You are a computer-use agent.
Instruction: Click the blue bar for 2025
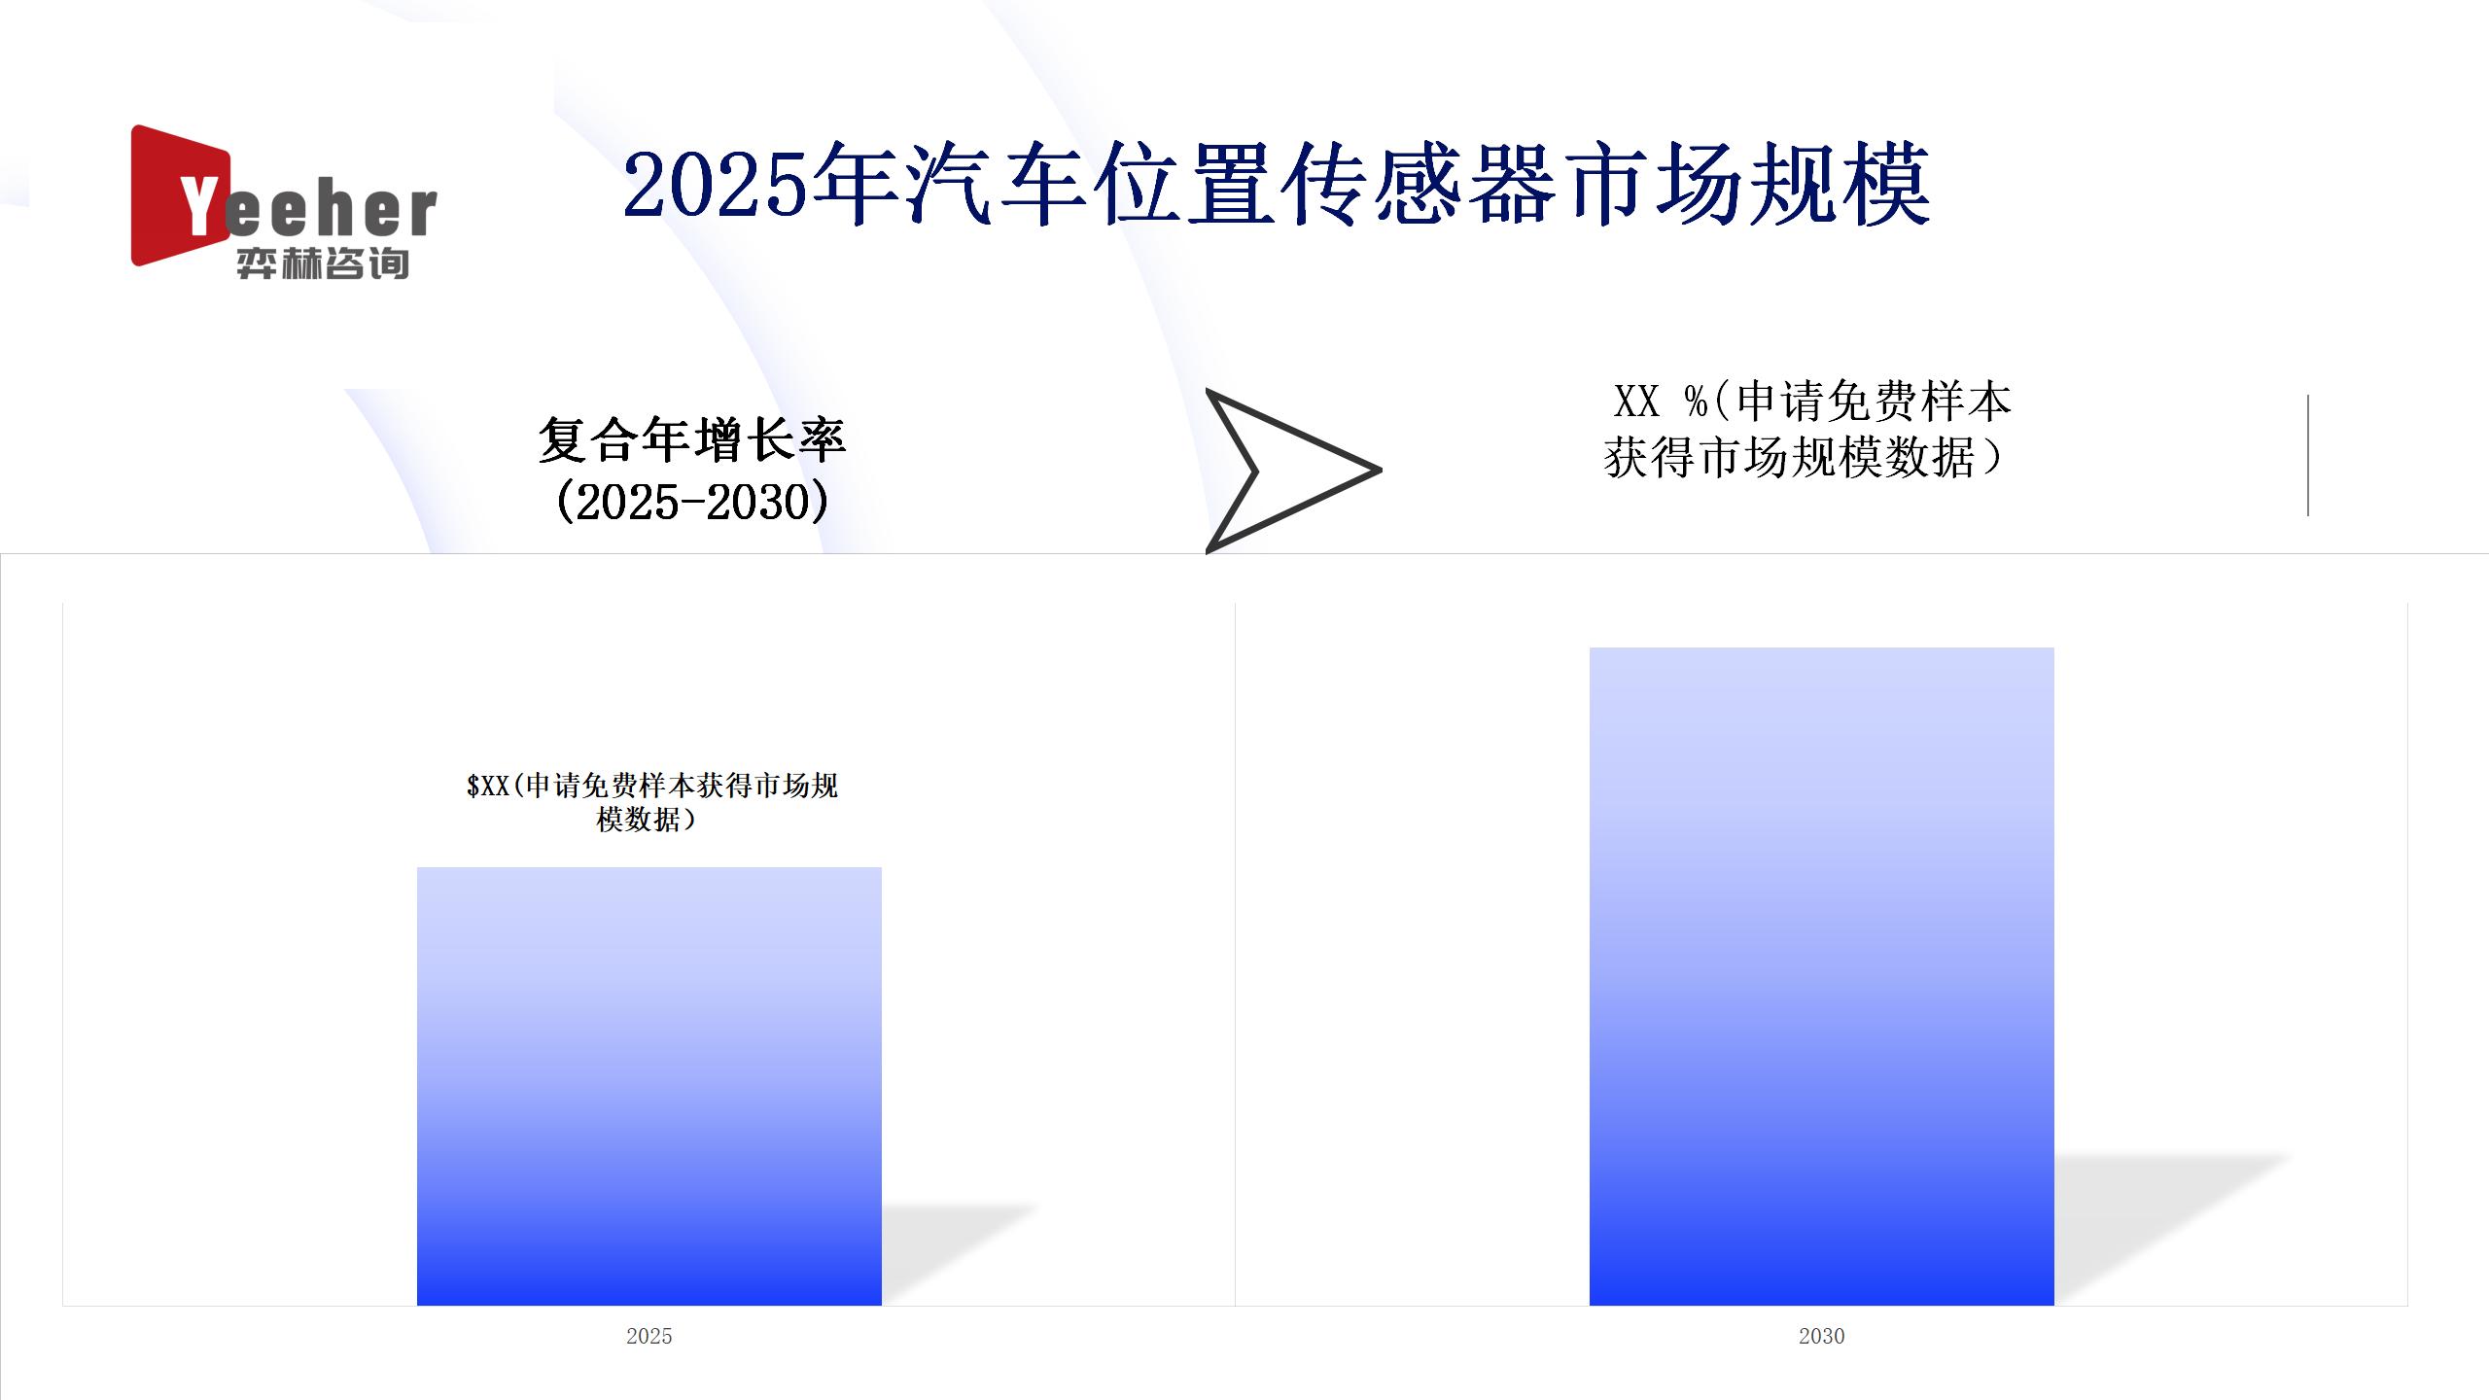(649, 1086)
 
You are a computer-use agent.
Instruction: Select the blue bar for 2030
(1822, 976)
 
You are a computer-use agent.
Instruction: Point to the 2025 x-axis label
(649, 1336)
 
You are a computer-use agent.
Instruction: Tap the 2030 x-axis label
(1822, 1336)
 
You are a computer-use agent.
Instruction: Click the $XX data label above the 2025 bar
(651, 802)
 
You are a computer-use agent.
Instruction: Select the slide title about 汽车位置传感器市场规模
(1277, 185)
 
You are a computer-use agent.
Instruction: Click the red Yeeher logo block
(181, 195)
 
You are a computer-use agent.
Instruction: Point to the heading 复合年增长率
(692, 440)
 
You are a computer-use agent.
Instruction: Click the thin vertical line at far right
(2308, 455)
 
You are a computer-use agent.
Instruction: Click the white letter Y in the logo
(201, 206)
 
